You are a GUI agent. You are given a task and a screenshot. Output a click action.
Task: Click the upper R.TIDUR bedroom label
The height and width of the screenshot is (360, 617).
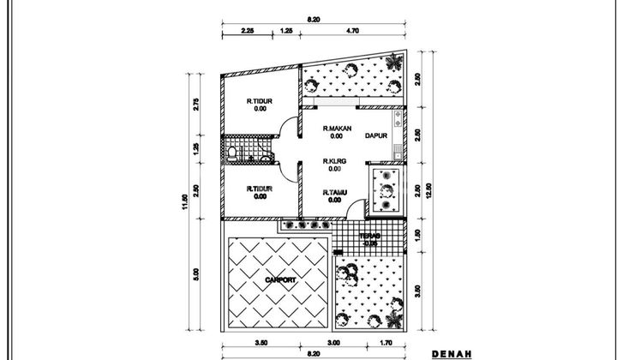tap(259, 100)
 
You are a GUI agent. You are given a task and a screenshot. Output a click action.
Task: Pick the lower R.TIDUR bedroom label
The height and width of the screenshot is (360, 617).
tap(259, 189)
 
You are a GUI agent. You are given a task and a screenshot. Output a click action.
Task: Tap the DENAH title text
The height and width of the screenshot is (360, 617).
tap(452, 351)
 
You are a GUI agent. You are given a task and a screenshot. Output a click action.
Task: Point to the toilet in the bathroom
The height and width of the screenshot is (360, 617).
tap(232, 154)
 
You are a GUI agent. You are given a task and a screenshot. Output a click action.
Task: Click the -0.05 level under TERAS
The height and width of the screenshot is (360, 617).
tap(370, 243)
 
